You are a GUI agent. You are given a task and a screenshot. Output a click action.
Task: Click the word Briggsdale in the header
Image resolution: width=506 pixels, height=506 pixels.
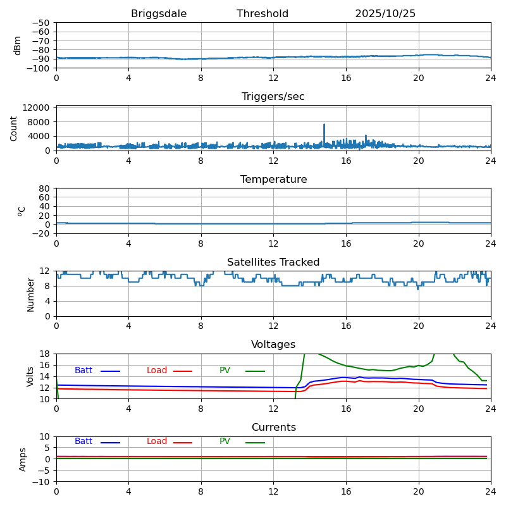click(159, 14)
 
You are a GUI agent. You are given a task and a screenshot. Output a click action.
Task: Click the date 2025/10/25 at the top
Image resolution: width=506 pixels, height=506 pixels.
click(385, 14)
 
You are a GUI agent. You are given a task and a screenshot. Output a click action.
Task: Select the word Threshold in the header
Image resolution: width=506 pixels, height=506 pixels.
click(262, 14)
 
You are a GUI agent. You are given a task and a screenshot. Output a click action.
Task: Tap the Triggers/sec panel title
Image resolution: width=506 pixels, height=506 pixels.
click(273, 97)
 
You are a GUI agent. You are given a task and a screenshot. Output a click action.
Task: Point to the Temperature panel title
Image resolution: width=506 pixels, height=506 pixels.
click(273, 180)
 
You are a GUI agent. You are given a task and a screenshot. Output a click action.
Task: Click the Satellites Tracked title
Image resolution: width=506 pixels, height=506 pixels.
click(273, 262)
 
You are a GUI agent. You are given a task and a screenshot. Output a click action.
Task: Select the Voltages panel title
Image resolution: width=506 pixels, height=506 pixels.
click(273, 345)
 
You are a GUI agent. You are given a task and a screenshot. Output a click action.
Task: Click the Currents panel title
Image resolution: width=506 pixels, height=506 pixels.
click(273, 428)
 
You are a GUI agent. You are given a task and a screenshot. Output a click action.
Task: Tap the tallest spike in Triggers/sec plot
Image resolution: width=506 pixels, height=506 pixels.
click(324, 125)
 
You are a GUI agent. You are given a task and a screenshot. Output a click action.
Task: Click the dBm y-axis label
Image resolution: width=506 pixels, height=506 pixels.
click(18, 45)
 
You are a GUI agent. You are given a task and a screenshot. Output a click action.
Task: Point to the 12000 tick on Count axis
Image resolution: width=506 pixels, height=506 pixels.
click(37, 108)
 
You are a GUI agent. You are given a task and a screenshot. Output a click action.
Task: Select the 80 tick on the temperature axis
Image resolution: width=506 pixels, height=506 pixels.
click(45, 188)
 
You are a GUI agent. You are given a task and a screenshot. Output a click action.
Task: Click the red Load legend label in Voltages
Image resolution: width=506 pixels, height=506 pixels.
click(157, 371)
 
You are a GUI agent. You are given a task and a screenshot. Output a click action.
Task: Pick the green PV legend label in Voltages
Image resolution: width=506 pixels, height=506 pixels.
click(225, 371)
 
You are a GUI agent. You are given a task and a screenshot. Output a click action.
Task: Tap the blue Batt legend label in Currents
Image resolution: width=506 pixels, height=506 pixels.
click(83, 441)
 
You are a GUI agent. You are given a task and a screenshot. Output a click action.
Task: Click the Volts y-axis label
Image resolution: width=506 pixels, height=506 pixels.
click(30, 376)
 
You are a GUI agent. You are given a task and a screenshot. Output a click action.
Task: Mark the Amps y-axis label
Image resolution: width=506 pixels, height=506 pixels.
click(23, 459)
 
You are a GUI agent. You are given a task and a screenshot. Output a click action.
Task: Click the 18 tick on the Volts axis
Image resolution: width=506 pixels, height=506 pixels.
click(45, 354)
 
